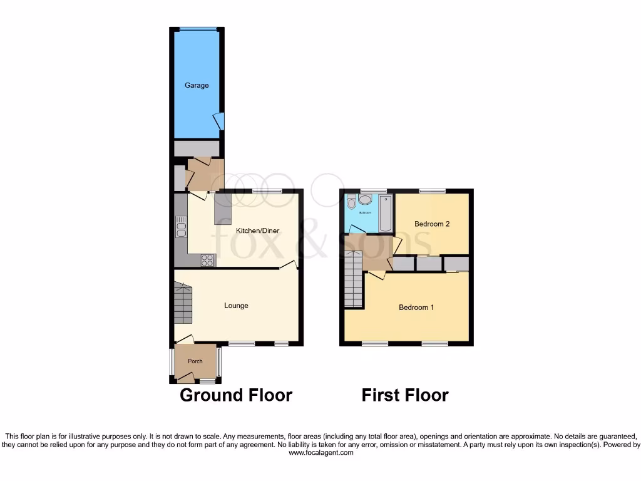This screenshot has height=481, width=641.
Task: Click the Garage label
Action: [x=197, y=85]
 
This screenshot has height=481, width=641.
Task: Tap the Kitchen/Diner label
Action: [x=257, y=230]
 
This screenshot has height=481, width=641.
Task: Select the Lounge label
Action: [x=237, y=306]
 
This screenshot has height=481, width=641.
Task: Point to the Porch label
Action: [x=195, y=361]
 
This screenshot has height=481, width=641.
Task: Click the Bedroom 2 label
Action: [x=433, y=224]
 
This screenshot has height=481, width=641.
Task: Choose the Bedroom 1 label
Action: [x=417, y=308]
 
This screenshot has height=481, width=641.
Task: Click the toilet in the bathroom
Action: [x=351, y=202]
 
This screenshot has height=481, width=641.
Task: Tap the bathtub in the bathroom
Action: [x=385, y=214]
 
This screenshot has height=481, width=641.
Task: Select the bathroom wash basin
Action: [x=365, y=200]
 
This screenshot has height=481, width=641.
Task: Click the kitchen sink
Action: [x=182, y=227]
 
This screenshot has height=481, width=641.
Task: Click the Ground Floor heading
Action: [x=236, y=395]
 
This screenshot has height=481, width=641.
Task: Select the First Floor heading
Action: [x=405, y=395]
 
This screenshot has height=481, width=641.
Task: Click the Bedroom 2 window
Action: [x=432, y=191]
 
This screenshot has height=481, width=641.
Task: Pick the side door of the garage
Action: [x=219, y=121]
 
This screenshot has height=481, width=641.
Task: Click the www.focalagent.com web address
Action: [x=320, y=453]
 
